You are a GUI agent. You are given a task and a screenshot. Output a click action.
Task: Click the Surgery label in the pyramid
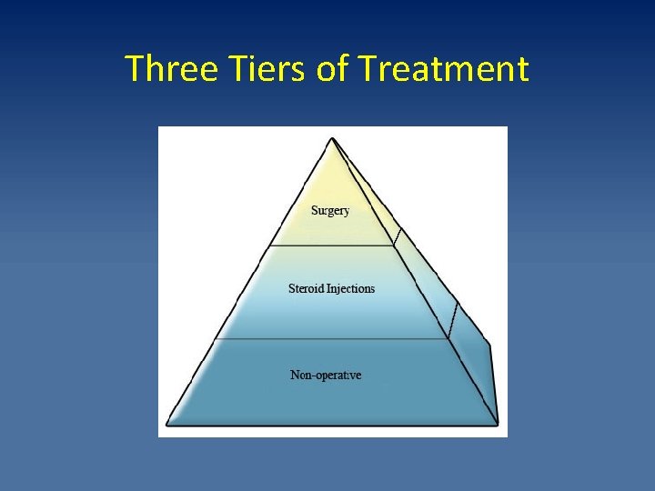pyautogui.click(x=330, y=211)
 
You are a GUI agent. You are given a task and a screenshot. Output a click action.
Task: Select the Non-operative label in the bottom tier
pyautogui.click(x=326, y=375)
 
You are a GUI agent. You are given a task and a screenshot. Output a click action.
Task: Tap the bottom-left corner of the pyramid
pyautogui.click(x=167, y=424)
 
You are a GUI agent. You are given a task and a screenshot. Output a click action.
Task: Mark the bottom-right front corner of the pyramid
pyautogui.click(x=498, y=424)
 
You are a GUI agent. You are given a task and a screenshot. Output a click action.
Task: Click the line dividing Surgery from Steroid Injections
pyautogui.click(x=332, y=245)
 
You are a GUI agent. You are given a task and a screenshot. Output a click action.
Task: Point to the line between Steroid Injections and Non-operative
pyautogui.click(x=332, y=339)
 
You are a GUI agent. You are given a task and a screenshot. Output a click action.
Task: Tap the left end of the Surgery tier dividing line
pyautogui.click(x=270, y=245)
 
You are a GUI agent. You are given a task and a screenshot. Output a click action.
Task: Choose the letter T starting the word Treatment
pyautogui.click(x=368, y=69)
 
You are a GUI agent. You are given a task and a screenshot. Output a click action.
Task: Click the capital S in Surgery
pyautogui.click(x=315, y=211)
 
